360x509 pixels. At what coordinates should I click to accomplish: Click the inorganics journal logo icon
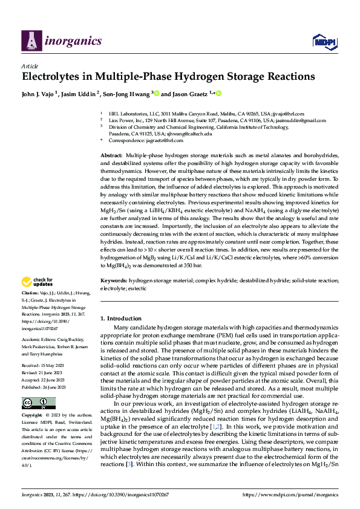click(x=30, y=41)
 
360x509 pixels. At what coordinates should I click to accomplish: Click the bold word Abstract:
click(x=113, y=156)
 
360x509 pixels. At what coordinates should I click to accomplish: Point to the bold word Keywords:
click(x=114, y=281)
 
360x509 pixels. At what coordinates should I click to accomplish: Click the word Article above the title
click(x=30, y=65)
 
